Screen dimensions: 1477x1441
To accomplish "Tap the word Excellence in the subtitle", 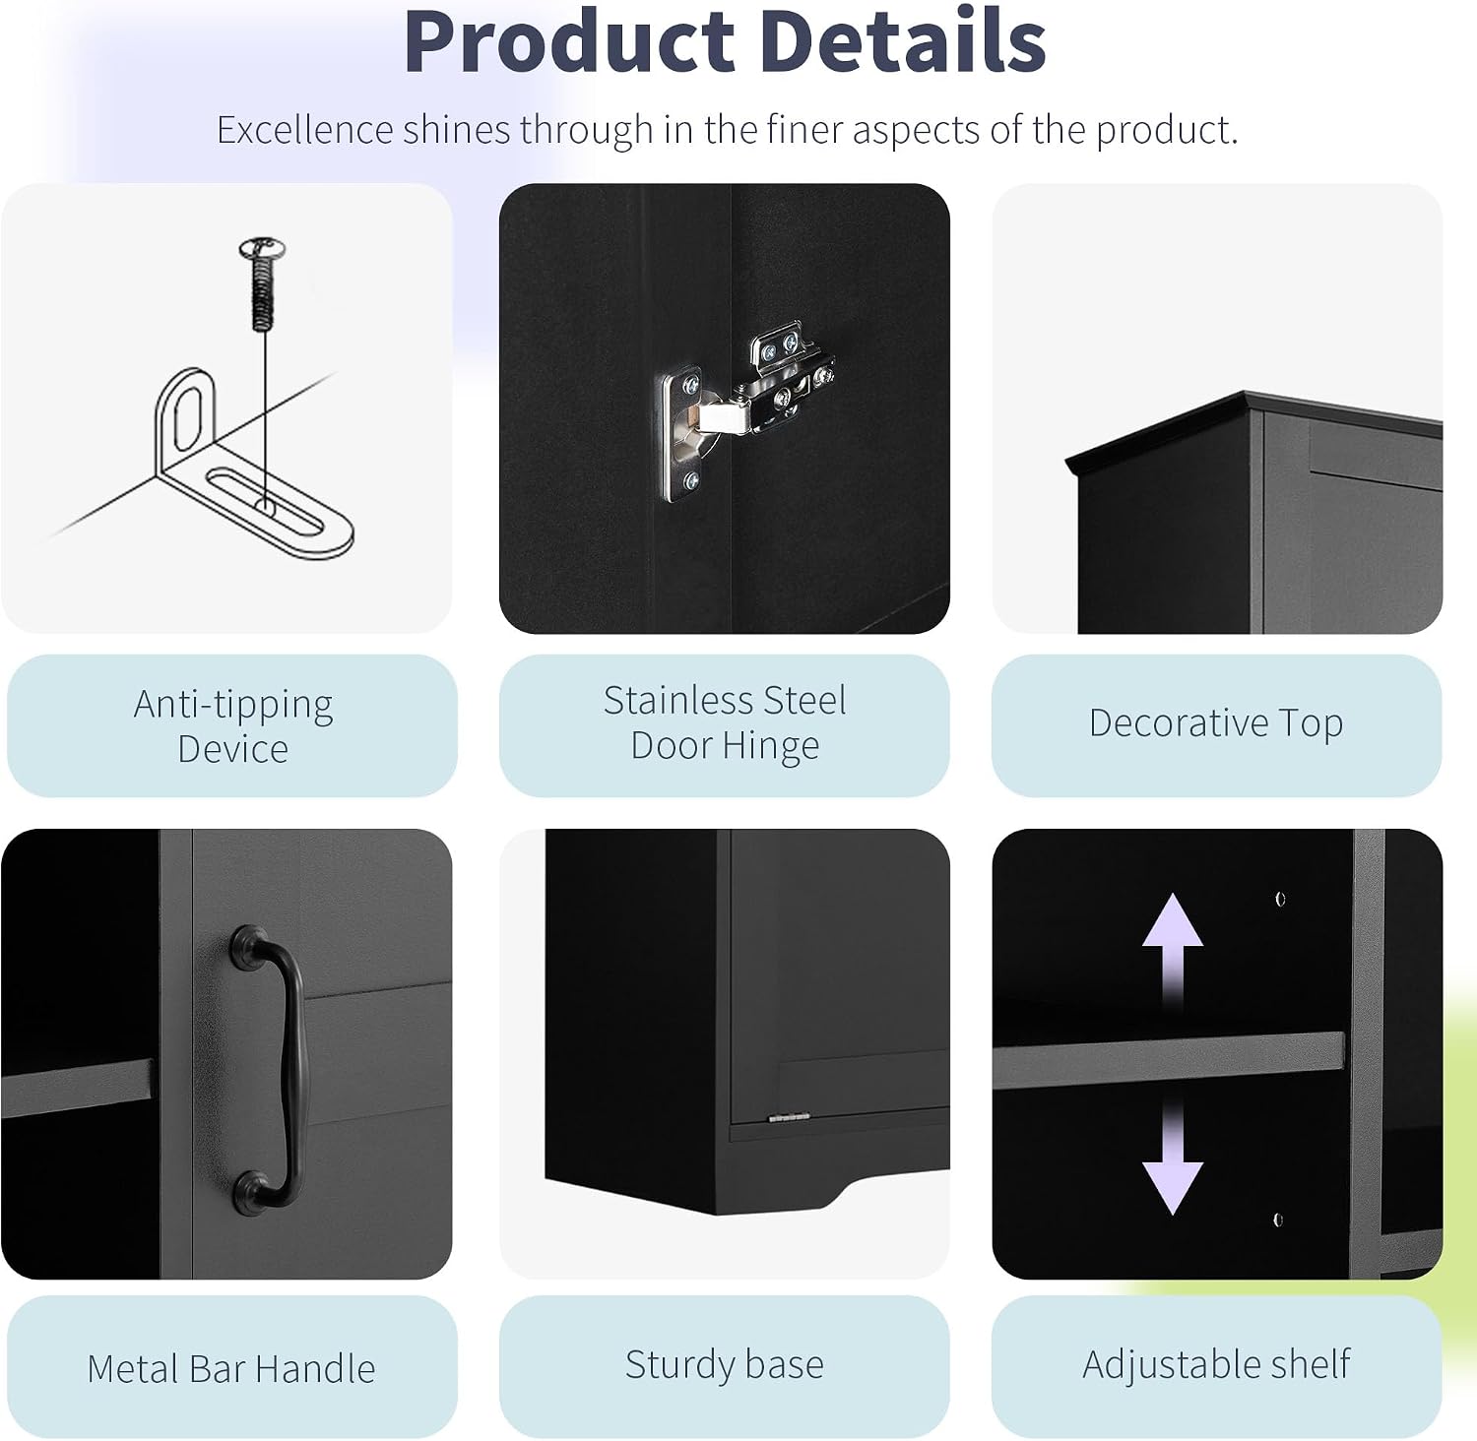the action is click(304, 130).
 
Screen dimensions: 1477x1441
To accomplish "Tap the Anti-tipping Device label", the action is click(233, 726).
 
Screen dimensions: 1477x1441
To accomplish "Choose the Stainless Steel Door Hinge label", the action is click(725, 723).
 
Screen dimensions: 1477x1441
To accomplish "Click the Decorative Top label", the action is click(1216, 723).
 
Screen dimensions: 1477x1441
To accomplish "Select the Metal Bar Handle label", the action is click(231, 1368).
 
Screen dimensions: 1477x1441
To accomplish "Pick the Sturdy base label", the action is click(725, 1365).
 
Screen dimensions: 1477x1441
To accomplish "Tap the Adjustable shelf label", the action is click(1216, 1365).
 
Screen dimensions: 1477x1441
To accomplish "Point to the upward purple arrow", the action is click(1172, 950).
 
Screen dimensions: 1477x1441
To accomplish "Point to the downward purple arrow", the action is click(1172, 1157).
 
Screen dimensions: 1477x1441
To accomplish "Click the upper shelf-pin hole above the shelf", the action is click(1280, 899).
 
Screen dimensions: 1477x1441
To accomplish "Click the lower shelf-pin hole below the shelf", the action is click(1278, 1220).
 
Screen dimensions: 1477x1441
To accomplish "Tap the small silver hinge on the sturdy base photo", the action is click(789, 1116).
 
